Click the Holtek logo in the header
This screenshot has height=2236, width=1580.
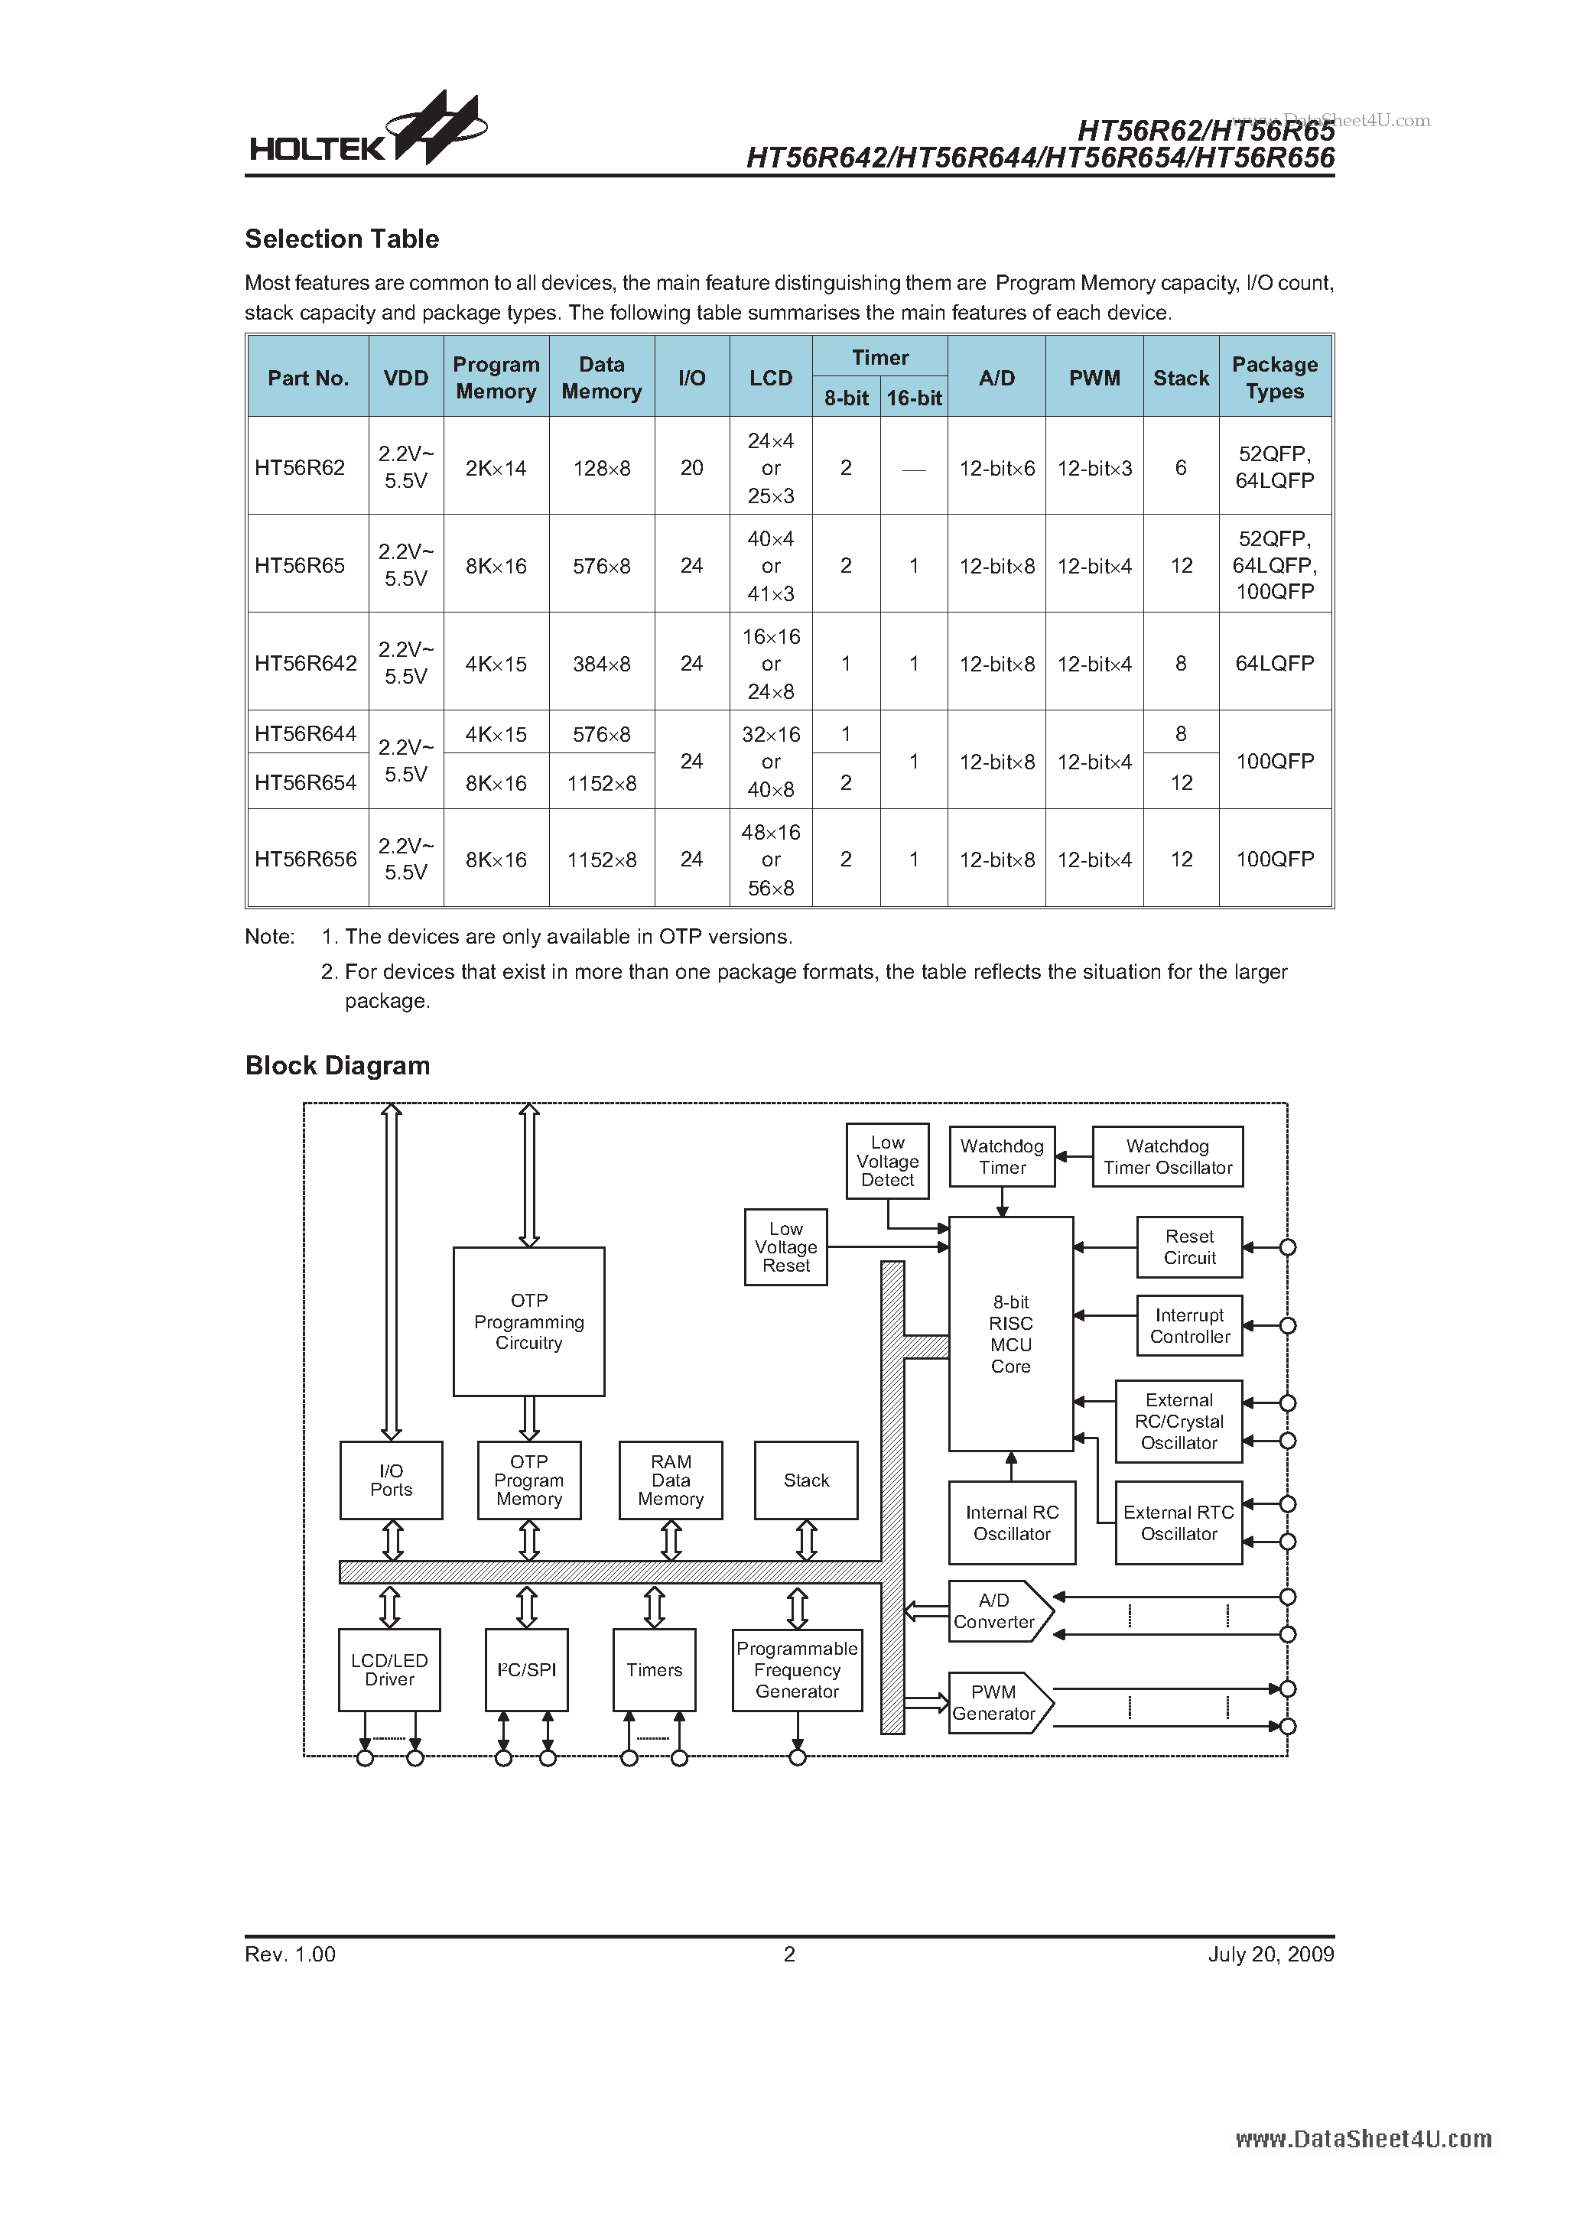coord(366,131)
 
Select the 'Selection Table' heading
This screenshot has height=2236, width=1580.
coord(342,239)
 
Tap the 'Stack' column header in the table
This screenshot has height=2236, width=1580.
coord(1181,378)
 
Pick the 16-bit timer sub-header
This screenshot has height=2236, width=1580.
coord(914,398)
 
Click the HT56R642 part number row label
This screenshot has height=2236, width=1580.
coord(306,663)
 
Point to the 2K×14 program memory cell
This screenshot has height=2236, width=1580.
coord(496,469)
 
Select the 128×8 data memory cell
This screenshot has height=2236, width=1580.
coord(601,469)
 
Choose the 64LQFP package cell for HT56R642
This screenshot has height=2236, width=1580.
coord(1274,663)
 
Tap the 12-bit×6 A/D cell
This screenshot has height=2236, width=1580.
coord(996,469)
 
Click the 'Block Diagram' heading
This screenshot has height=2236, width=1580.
coord(337,1065)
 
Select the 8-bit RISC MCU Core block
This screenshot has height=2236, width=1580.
coord(1011,1333)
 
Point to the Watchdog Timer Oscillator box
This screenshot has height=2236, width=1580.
coord(1167,1157)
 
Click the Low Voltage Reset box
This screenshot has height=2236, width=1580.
coord(786,1247)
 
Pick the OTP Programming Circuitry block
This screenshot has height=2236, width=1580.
coord(529,1321)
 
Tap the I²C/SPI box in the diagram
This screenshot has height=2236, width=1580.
coord(527,1670)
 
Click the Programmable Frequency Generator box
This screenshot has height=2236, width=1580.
coord(797,1670)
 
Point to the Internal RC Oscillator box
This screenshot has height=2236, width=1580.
coord(1012,1523)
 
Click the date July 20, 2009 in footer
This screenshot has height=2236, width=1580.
coord(1270,1955)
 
